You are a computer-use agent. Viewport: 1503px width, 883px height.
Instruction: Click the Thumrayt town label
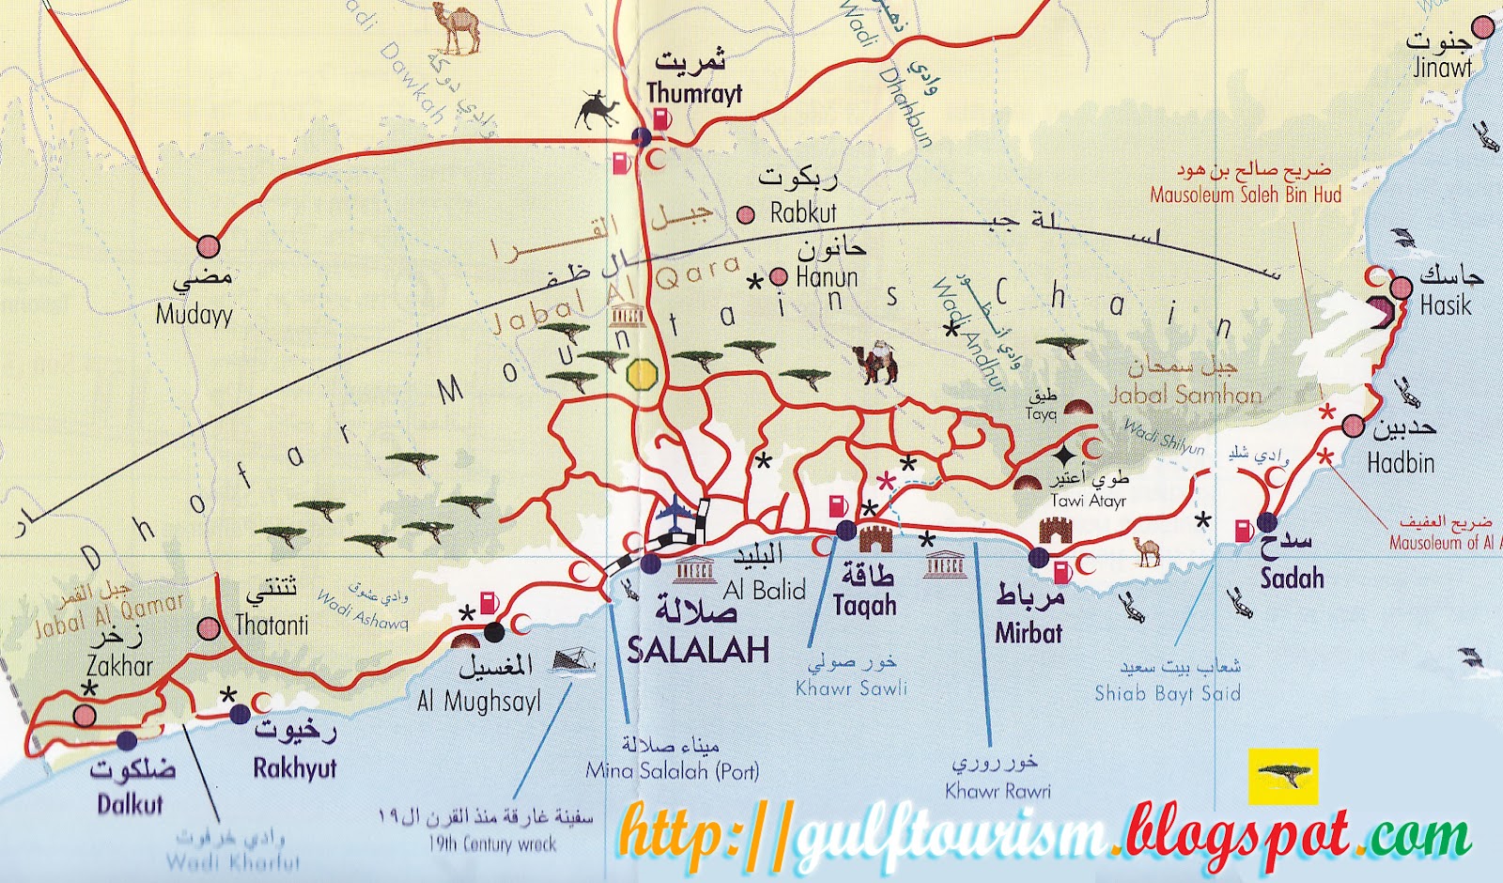(694, 93)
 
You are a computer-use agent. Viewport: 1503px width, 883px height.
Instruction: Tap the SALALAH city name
(698, 649)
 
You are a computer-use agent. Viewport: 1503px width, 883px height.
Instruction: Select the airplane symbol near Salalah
(677, 512)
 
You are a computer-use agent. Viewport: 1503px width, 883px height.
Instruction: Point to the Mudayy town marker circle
(208, 247)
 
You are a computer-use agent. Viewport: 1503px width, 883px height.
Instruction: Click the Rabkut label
(803, 213)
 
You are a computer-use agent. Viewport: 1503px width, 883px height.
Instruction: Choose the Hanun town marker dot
(779, 276)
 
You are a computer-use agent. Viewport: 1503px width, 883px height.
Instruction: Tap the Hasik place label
(1446, 305)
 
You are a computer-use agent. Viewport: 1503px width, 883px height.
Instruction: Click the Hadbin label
(1401, 462)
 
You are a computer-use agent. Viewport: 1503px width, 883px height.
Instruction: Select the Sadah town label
(1293, 578)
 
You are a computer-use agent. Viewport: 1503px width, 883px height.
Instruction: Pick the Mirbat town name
(1029, 632)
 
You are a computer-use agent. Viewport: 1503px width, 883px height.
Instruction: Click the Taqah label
(864, 605)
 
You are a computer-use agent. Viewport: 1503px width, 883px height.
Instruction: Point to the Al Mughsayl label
(479, 701)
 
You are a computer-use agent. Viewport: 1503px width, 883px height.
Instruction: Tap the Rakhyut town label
(295, 767)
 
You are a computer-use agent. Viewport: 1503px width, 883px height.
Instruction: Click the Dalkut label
(131, 804)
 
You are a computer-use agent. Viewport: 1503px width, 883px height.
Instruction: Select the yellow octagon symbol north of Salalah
(642, 374)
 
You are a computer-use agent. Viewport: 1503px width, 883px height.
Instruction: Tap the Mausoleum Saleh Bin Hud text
(1246, 195)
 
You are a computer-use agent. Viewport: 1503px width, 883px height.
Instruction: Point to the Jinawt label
(1442, 68)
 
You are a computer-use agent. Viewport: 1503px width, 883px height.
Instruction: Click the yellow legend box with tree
(1282, 776)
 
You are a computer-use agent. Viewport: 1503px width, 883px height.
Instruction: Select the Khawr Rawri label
(998, 790)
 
